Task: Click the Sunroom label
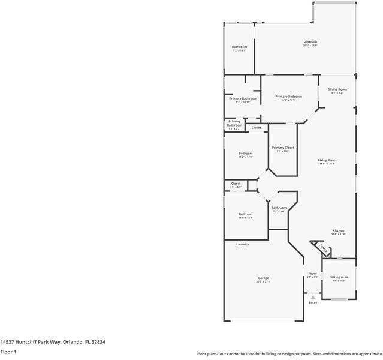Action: coord(310,42)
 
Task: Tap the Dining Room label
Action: coord(337,89)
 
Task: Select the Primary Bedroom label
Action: coord(288,97)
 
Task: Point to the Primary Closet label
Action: coord(282,148)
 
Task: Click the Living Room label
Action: coord(327,160)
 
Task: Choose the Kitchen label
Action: coord(339,230)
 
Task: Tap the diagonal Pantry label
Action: coord(322,247)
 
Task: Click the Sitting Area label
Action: coord(339,277)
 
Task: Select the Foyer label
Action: coord(312,274)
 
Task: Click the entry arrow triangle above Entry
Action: coord(312,296)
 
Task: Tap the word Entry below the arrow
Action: coord(313,302)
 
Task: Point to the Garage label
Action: coord(263,278)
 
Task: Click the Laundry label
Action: coord(242,244)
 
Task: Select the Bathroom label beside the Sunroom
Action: coord(239,47)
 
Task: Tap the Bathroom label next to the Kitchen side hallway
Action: coord(279,208)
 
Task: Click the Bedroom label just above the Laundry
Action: coord(245,214)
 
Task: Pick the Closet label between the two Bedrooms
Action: coord(236,184)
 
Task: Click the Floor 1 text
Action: coord(8,352)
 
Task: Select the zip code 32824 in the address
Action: coord(97,341)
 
